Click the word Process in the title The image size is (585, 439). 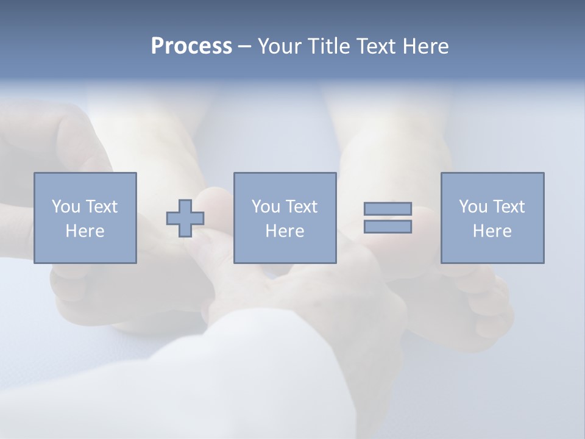coord(191,46)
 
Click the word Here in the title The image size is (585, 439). coord(426,46)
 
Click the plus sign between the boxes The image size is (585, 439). coord(185,218)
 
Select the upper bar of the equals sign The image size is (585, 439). coord(388,209)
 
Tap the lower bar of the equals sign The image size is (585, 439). coord(388,227)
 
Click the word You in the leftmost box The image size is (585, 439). coord(66,207)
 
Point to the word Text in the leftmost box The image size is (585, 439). coord(101,207)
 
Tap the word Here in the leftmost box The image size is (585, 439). coord(85,231)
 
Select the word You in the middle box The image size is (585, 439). coord(266,207)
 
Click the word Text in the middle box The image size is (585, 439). coord(301,207)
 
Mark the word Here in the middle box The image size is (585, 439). coord(285,231)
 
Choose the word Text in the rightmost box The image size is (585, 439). coord(508,207)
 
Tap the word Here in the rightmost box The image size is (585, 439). coord(492,231)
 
